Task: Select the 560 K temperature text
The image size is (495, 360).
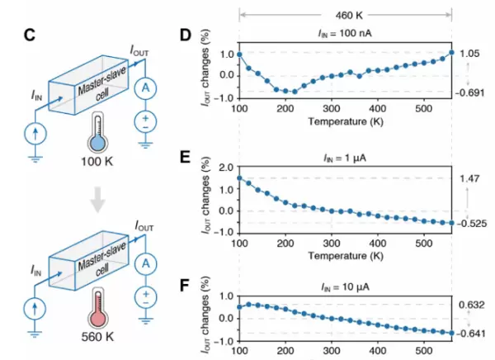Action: coord(97,336)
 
